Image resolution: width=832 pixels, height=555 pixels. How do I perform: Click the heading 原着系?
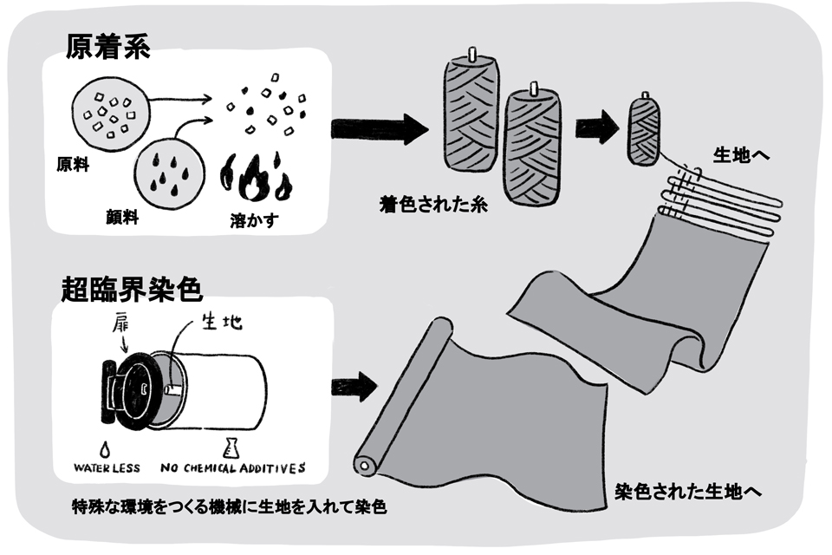pyautogui.click(x=107, y=47)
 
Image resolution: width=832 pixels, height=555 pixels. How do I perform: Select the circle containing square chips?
pyautogui.click(x=105, y=113)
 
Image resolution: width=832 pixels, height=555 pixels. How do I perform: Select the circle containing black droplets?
pyautogui.click(x=171, y=166)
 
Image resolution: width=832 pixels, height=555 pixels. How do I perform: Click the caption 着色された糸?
pyautogui.click(x=419, y=206)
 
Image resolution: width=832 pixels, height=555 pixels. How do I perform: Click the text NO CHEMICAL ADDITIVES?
pyautogui.click(x=233, y=469)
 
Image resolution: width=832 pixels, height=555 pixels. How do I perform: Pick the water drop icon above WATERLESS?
pyautogui.click(x=105, y=448)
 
